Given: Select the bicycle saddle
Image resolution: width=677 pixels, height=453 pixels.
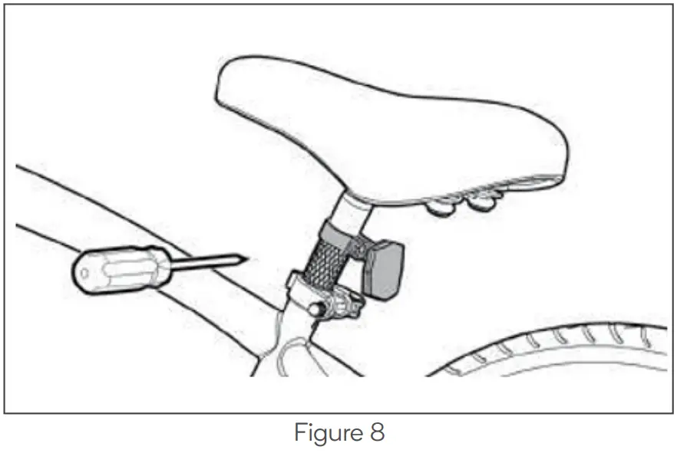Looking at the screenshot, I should [x=384, y=126].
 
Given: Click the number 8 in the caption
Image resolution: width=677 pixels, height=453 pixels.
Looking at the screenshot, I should [x=374, y=433].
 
